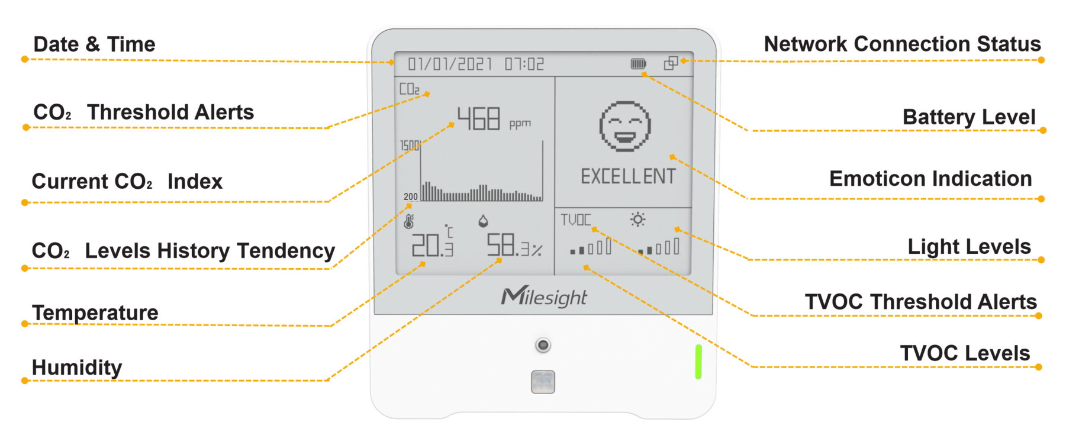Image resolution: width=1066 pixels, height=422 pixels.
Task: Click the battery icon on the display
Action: (x=638, y=63)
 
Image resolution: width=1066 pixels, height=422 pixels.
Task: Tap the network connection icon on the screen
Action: (x=671, y=63)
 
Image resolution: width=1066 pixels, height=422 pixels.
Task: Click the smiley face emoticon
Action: (x=624, y=126)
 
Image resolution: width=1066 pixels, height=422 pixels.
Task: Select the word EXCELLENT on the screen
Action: (x=628, y=176)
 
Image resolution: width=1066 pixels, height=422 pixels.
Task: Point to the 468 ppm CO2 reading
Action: (x=494, y=118)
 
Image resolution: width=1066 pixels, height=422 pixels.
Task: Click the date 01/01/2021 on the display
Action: (x=450, y=64)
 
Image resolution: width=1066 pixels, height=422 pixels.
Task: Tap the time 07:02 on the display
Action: (x=524, y=64)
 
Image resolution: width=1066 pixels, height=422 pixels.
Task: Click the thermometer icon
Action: (x=409, y=221)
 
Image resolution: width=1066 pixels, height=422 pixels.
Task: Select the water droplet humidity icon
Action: (x=483, y=221)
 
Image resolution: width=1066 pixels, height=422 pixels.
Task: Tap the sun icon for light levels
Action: (x=637, y=220)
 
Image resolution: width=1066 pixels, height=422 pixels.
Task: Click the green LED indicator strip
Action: (x=698, y=362)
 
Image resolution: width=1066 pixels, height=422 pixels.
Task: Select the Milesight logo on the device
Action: (x=544, y=297)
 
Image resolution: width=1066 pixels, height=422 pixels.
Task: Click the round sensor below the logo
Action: (x=543, y=345)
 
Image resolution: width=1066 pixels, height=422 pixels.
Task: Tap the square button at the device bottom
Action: (x=543, y=382)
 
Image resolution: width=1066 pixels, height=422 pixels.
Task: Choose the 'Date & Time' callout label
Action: (x=94, y=44)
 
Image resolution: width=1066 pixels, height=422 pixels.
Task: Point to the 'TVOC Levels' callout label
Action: (x=965, y=353)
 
